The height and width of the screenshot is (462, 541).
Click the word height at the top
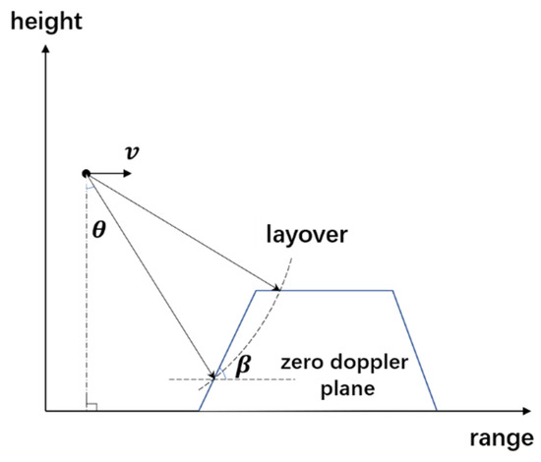click(x=43, y=20)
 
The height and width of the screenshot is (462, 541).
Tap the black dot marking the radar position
click(x=88, y=173)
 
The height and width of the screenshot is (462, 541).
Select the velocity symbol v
click(x=132, y=153)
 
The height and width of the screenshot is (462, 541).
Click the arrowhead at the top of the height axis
click(x=45, y=48)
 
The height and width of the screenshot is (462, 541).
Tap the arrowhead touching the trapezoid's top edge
click(x=277, y=288)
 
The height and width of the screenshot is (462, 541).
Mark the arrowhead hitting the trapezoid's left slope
click(x=212, y=376)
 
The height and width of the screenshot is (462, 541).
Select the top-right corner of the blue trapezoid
click(x=393, y=290)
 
